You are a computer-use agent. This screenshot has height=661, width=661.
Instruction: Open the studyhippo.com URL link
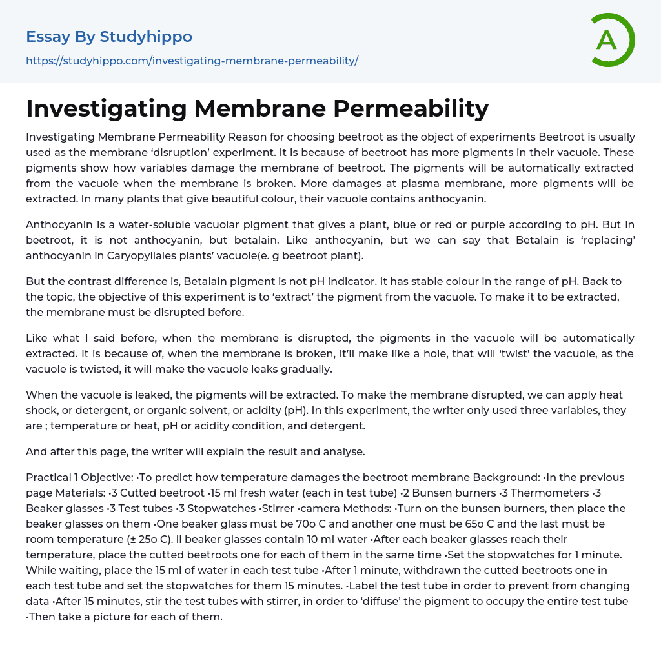tap(192, 61)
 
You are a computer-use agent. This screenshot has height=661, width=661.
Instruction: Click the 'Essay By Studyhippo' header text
tap(109, 37)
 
